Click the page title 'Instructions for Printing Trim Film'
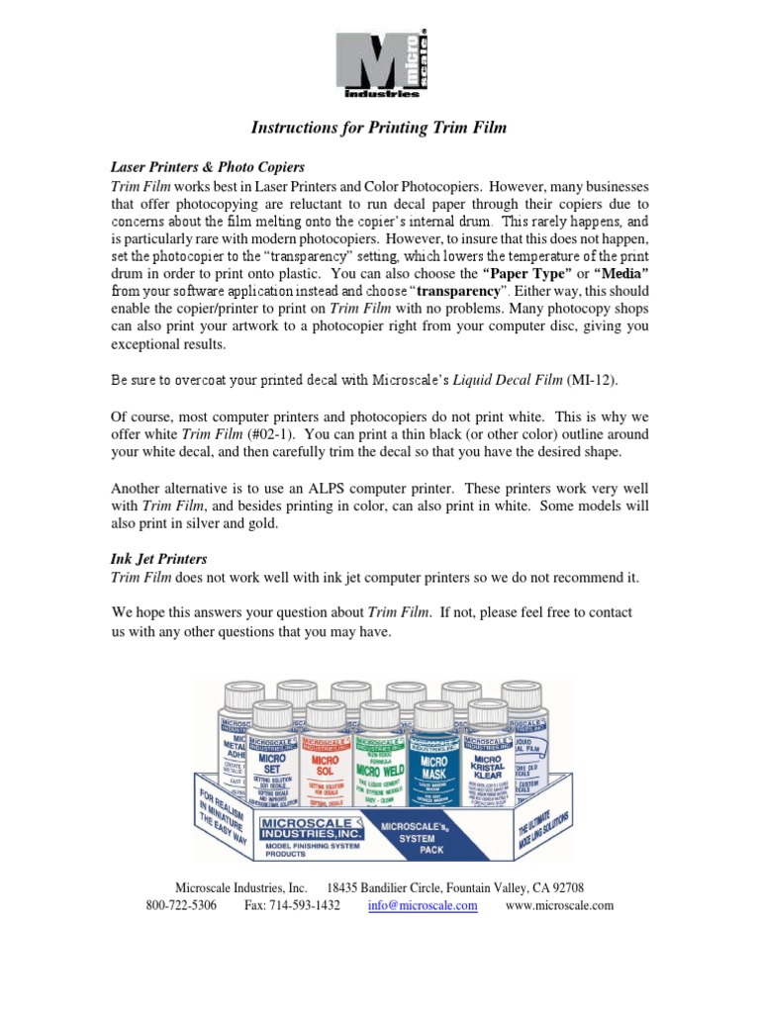[379, 128]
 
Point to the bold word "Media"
[620, 272]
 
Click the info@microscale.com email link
[423, 905]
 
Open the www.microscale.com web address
[560, 905]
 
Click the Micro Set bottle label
[277, 766]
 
